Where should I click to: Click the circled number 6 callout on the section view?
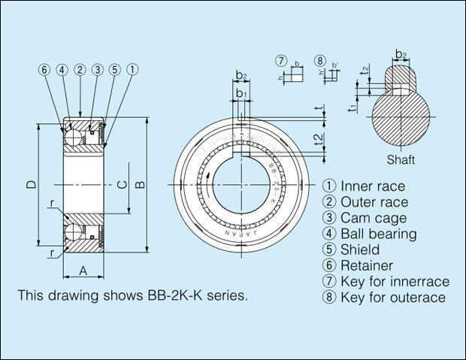[x=44, y=70]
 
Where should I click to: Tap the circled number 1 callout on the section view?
[x=132, y=70]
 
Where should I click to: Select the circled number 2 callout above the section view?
[x=79, y=70]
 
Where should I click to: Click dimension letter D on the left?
[x=30, y=185]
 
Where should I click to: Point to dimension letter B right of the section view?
[x=140, y=185]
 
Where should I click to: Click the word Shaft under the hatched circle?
[x=401, y=160]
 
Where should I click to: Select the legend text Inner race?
[x=373, y=186]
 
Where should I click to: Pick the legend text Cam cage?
[x=374, y=218]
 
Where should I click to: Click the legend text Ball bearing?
[x=378, y=234]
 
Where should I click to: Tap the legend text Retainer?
[x=367, y=265]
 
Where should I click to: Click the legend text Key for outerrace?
[x=393, y=298]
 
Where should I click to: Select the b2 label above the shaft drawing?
[x=401, y=54]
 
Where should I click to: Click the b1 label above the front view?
[x=241, y=93]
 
